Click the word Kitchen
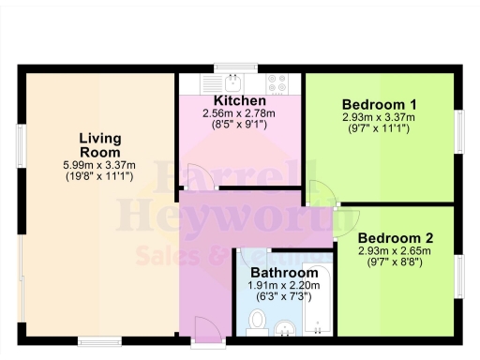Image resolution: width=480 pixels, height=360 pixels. coord(239,100)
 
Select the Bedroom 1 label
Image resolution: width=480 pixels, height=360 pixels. coord(379,104)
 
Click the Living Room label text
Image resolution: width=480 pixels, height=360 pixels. coord(98,144)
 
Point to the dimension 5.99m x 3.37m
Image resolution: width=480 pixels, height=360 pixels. coord(98,164)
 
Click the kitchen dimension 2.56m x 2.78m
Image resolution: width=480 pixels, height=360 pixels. coord(240,113)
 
